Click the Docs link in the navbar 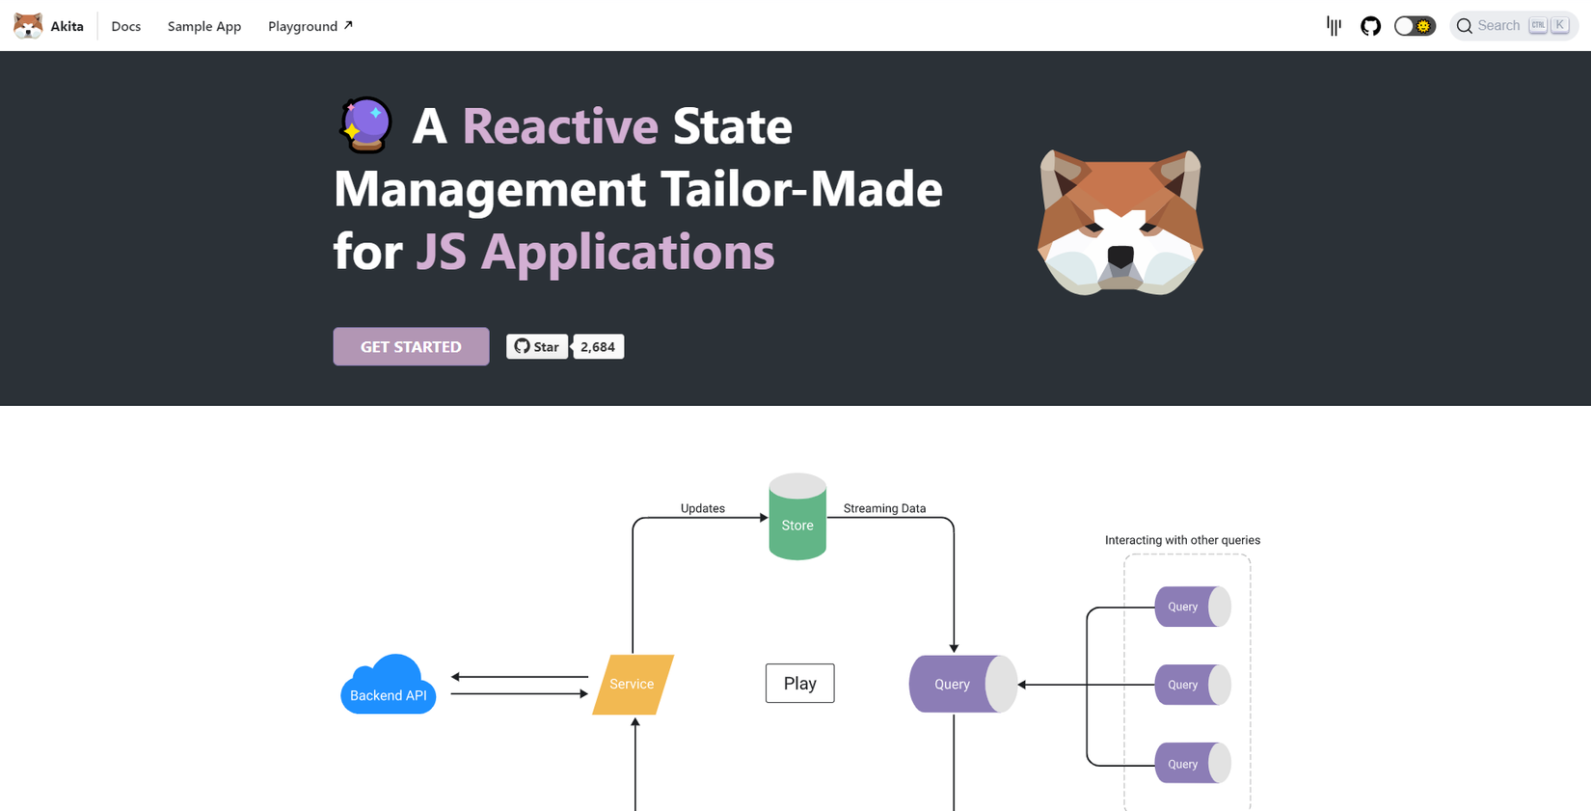(125, 26)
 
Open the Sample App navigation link (204, 26)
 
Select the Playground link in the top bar (310, 26)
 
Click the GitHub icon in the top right (1370, 26)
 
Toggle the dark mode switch (1415, 26)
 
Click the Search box (1512, 26)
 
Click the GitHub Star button (537, 347)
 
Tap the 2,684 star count (598, 347)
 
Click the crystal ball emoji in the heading (366, 125)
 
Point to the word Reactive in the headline (560, 126)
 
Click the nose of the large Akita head (1120, 256)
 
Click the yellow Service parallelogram (633, 685)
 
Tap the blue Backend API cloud (389, 687)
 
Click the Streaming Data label (884, 508)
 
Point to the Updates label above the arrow (702, 508)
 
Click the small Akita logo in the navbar (28, 26)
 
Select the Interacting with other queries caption (1182, 540)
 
